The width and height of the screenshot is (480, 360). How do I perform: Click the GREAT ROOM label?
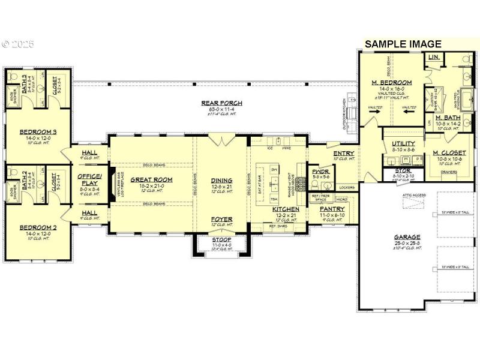[151, 179]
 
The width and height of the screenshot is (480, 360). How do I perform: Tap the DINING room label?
[221, 179]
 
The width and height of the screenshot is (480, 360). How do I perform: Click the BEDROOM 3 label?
[38, 132]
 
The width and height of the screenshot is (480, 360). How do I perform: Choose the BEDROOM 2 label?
[38, 227]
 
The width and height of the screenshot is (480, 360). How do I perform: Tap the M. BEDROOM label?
[391, 82]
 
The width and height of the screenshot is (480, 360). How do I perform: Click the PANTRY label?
[331, 208]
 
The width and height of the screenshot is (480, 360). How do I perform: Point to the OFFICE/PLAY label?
[90, 179]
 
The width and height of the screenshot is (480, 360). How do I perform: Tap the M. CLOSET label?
[449, 153]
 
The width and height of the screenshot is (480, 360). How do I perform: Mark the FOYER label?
[221, 219]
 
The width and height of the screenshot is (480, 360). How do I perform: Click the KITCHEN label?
[286, 209]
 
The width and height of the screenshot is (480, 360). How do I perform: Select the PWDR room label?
[318, 171]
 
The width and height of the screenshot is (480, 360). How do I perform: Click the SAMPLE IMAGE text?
[403, 44]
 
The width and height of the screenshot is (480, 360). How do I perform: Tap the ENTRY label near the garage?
[343, 153]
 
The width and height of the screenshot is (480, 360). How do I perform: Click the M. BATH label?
[448, 118]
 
